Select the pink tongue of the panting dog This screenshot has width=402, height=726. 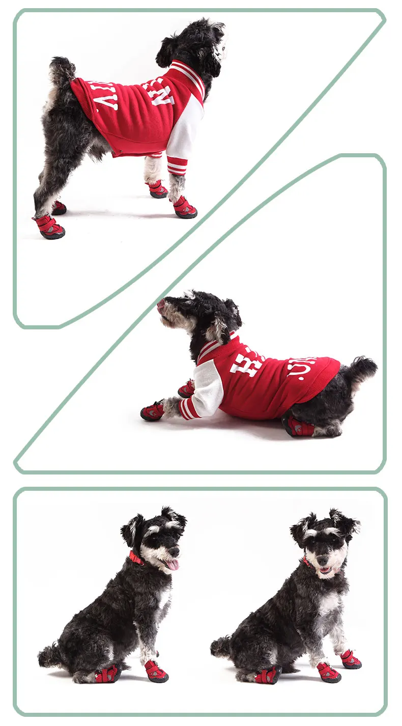(x=173, y=564)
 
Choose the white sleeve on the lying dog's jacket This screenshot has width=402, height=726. (x=209, y=389)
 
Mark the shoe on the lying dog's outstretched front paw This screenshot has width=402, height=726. (x=153, y=411)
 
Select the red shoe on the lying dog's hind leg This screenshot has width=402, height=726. (x=299, y=427)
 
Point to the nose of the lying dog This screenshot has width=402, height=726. (x=161, y=304)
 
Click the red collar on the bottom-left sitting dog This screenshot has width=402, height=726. (x=136, y=558)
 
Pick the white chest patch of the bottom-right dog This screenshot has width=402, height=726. (x=328, y=604)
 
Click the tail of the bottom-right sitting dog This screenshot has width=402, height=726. (x=220, y=647)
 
